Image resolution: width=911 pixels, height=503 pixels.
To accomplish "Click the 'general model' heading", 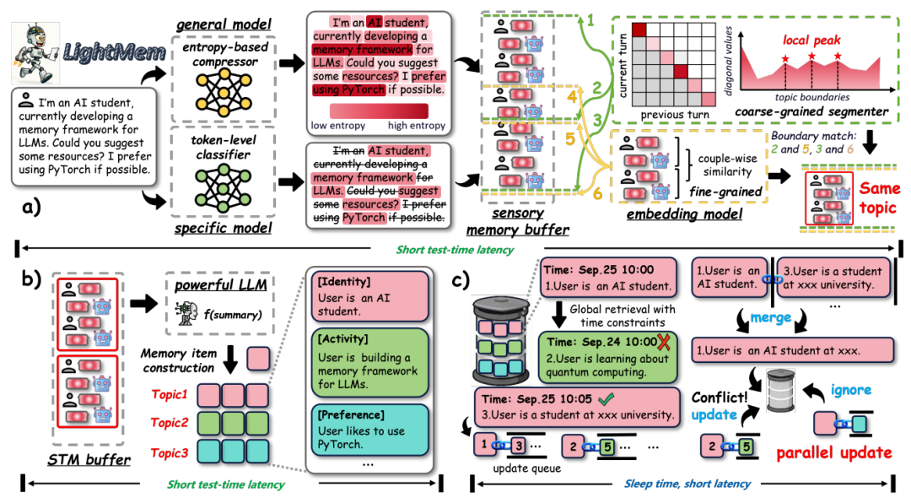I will point(224,22).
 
